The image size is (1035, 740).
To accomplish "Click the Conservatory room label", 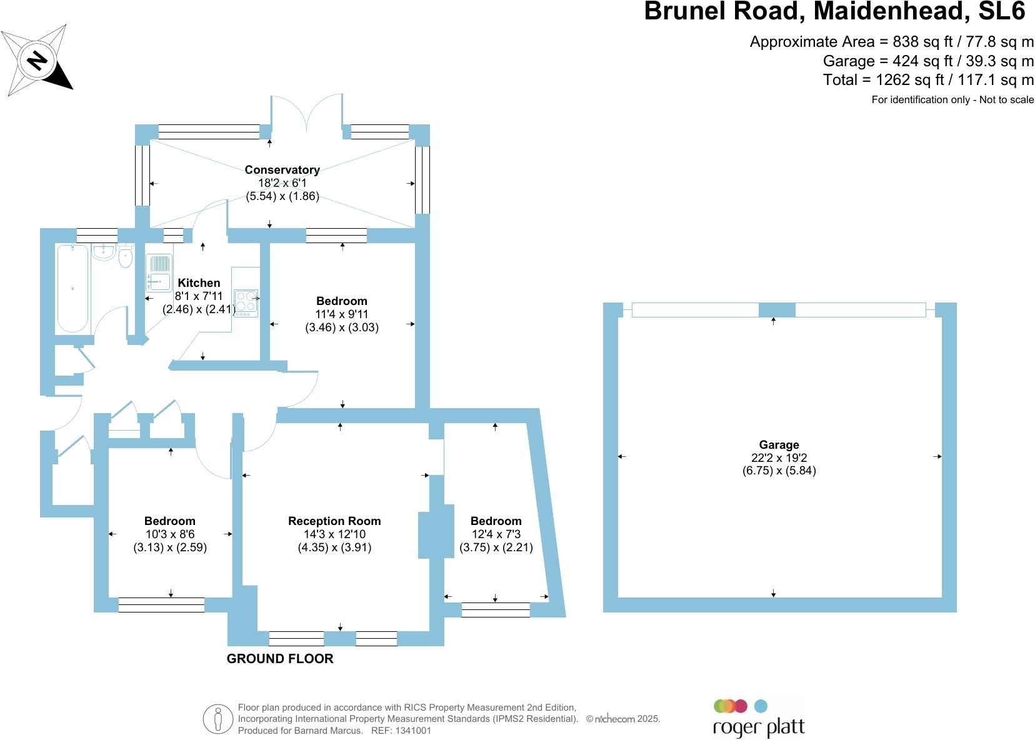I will click(282, 169).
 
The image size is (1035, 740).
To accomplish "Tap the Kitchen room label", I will click(199, 283).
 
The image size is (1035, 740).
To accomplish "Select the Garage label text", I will click(779, 444).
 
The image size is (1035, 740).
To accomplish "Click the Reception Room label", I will click(334, 521).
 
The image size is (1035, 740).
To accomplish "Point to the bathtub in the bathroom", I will click(72, 288).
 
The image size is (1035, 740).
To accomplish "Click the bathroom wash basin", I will click(103, 252).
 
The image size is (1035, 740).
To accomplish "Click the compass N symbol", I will click(38, 61).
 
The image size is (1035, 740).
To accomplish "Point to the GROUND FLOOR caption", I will click(279, 659).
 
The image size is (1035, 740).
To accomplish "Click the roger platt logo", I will click(758, 719).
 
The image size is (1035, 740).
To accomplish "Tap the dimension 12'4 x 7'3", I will click(496, 534).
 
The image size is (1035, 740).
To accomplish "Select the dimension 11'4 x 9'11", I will click(341, 314).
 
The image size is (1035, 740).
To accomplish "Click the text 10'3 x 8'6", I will click(169, 534).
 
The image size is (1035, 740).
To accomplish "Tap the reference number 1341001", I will click(410, 730).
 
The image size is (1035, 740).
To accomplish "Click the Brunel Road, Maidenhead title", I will click(834, 11).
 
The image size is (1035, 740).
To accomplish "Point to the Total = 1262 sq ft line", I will click(927, 79).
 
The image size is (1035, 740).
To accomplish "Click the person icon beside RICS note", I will click(217, 719).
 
